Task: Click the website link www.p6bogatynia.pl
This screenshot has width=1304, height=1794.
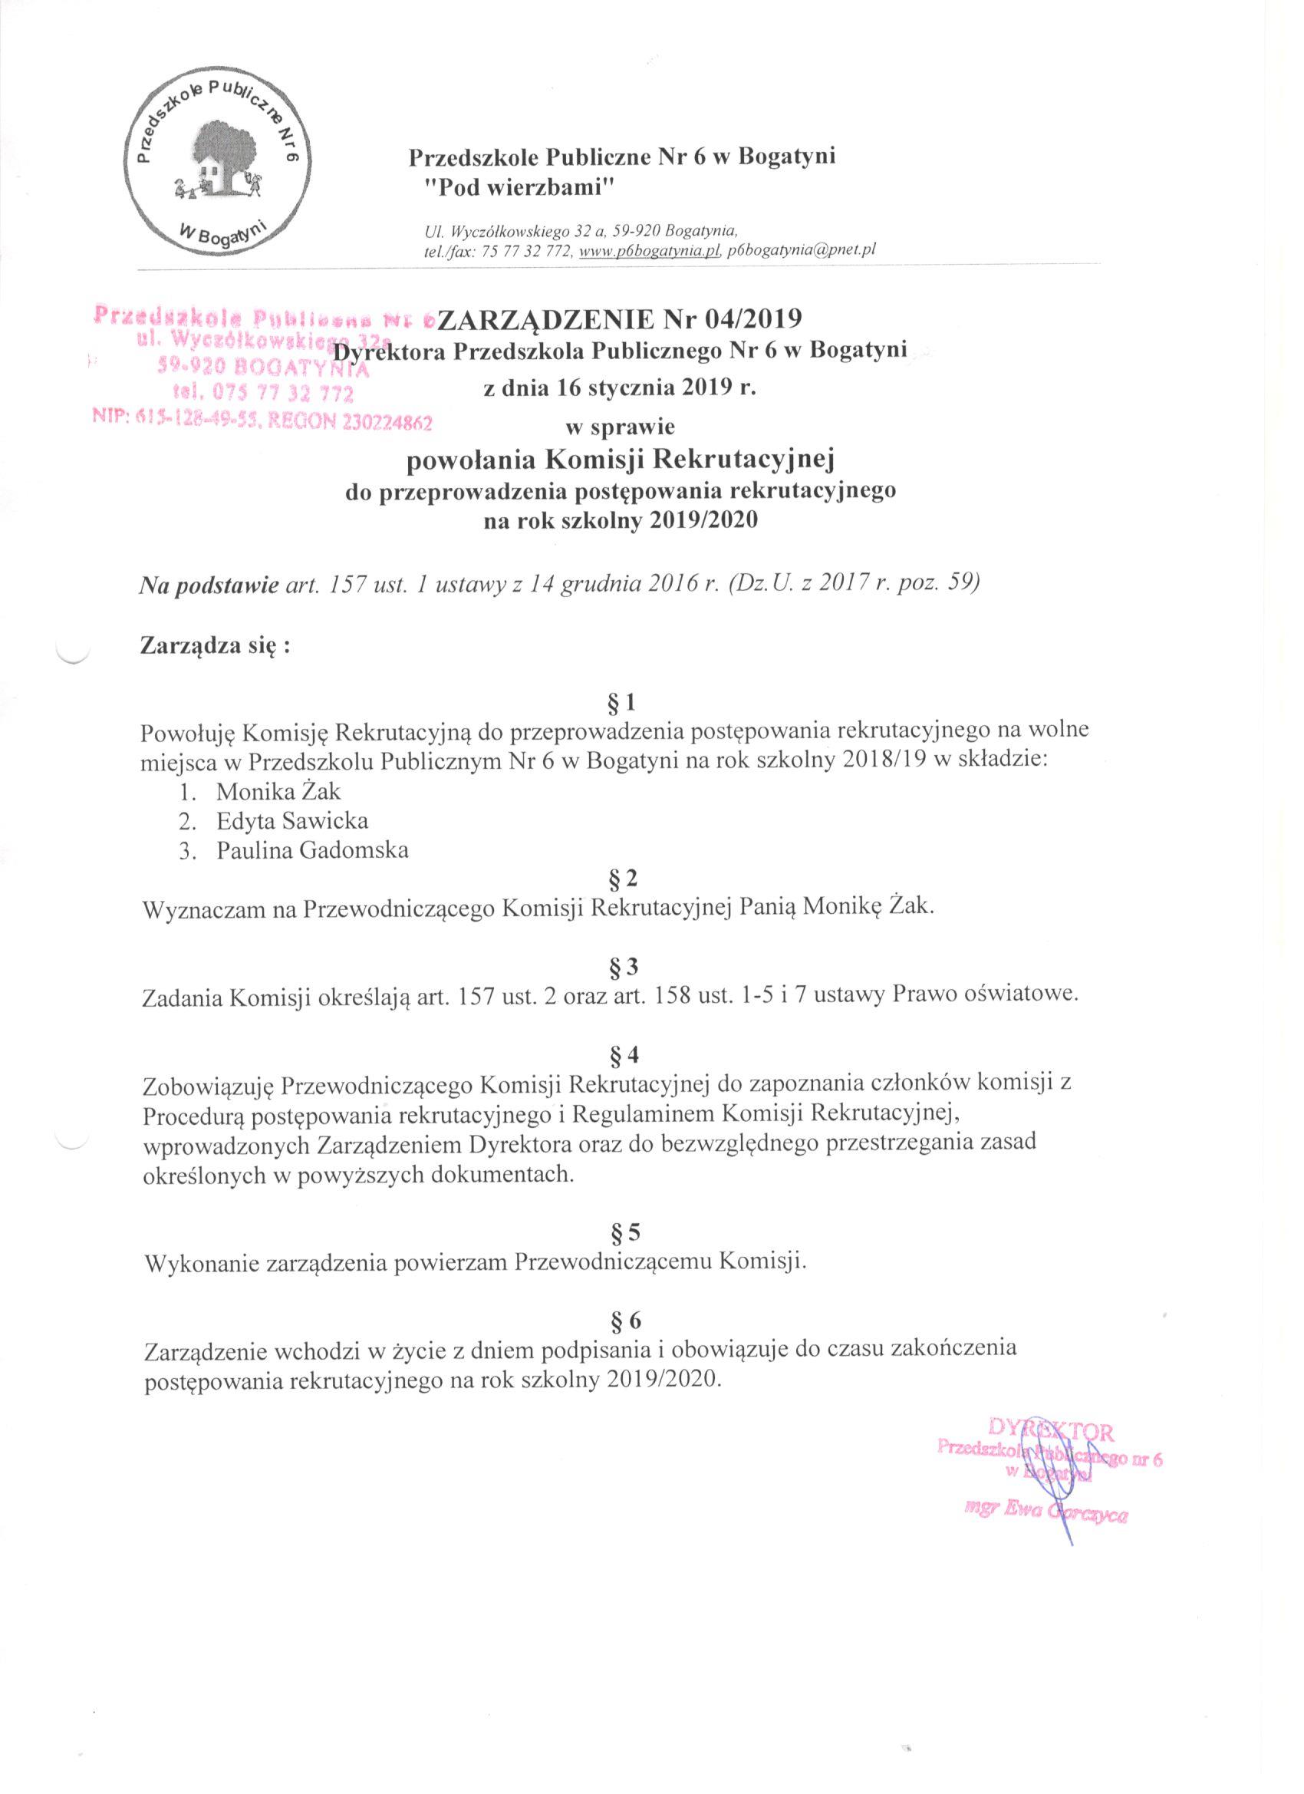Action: [x=650, y=250]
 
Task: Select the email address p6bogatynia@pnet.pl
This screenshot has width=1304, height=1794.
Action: [x=801, y=250]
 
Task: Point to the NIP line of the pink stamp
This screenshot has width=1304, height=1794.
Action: [x=262, y=424]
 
